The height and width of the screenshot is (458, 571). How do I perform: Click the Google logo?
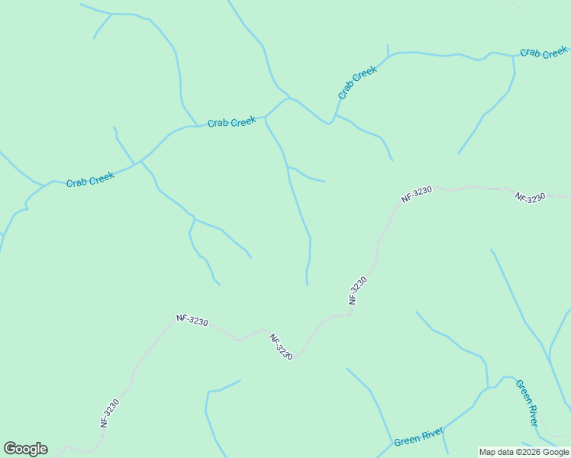[x=25, y=449]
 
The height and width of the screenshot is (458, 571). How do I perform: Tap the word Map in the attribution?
[x=487, y=453]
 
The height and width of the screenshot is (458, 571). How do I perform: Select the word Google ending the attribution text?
[x=556, y=453]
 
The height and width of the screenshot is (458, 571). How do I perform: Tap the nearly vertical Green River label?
[x=527, y=403]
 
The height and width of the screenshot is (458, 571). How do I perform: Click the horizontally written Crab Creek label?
[x=231, y=122]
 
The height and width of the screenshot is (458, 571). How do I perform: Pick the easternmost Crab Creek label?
[x=544, y=53]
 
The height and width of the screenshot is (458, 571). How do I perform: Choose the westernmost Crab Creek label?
[x=90, y=180]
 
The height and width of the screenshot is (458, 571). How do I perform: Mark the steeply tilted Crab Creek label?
[x=357, y=82]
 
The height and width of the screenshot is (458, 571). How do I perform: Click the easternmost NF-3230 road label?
[x=531, y=197]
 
